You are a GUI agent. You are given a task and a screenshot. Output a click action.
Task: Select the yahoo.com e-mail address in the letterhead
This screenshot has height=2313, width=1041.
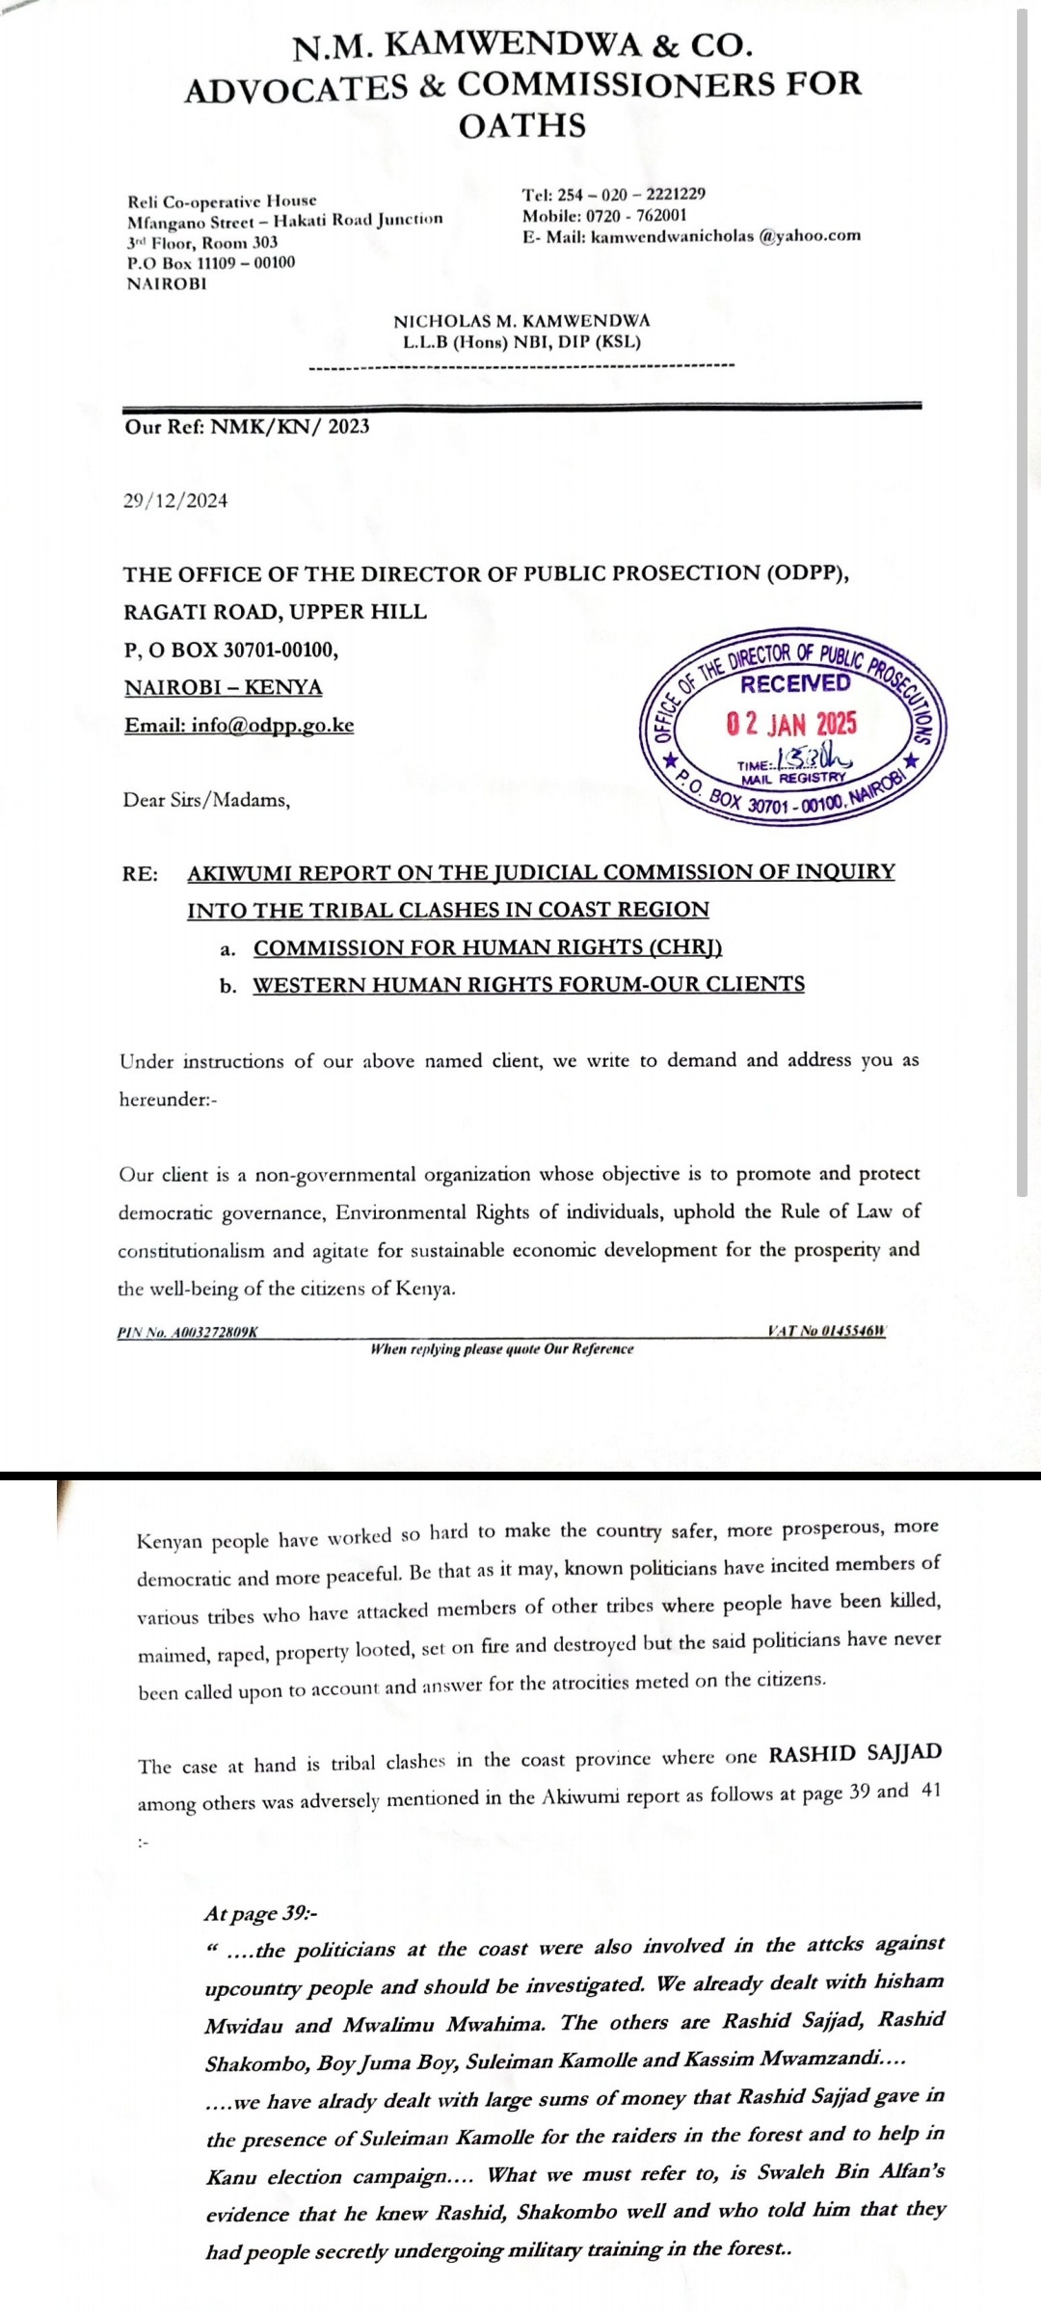(x=726, y=236)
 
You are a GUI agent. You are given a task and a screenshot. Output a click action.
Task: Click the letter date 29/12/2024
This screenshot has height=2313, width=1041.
(x=175, y=500)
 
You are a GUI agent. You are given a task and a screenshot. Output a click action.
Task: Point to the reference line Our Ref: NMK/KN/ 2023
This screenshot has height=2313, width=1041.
(x=247, y=426)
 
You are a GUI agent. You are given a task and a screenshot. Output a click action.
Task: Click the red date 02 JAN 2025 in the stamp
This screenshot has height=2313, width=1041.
(x=791, y=725)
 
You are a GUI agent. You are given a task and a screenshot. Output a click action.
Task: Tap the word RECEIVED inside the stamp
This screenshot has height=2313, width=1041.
(x=795, y=684)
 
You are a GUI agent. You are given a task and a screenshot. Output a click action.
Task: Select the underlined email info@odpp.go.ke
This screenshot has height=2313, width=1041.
(x=239, y=725)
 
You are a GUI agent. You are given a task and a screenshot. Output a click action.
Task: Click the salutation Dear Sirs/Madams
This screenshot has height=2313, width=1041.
(x=206, y=800)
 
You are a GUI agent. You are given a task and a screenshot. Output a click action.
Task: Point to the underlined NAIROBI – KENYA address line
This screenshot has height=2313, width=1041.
(x=224, y=687)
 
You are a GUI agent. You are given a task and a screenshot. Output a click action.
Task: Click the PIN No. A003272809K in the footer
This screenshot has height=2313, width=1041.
(x=188, y=1333)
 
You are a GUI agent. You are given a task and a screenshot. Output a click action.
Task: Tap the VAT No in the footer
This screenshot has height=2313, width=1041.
(x=826, y=1331)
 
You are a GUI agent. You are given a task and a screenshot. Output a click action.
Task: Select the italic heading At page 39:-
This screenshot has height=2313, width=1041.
(x=254, y=1913)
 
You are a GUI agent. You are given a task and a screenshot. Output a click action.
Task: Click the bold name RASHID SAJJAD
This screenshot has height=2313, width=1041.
(x=854, y=1752)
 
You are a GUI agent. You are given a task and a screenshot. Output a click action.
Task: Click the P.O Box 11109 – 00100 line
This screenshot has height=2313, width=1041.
(x=211, y=262)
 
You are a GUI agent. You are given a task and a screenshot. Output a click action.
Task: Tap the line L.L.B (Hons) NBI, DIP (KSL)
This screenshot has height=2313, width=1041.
(x=521, y=341)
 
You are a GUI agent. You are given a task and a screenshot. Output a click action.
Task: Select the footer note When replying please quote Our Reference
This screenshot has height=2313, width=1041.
(x=502, y=1349)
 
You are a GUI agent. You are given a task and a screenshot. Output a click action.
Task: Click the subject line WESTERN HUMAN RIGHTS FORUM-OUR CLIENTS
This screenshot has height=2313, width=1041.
(x=528, y=985)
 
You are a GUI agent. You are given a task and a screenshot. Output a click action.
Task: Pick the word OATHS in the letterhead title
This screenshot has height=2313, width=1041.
(x=521, y=125)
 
